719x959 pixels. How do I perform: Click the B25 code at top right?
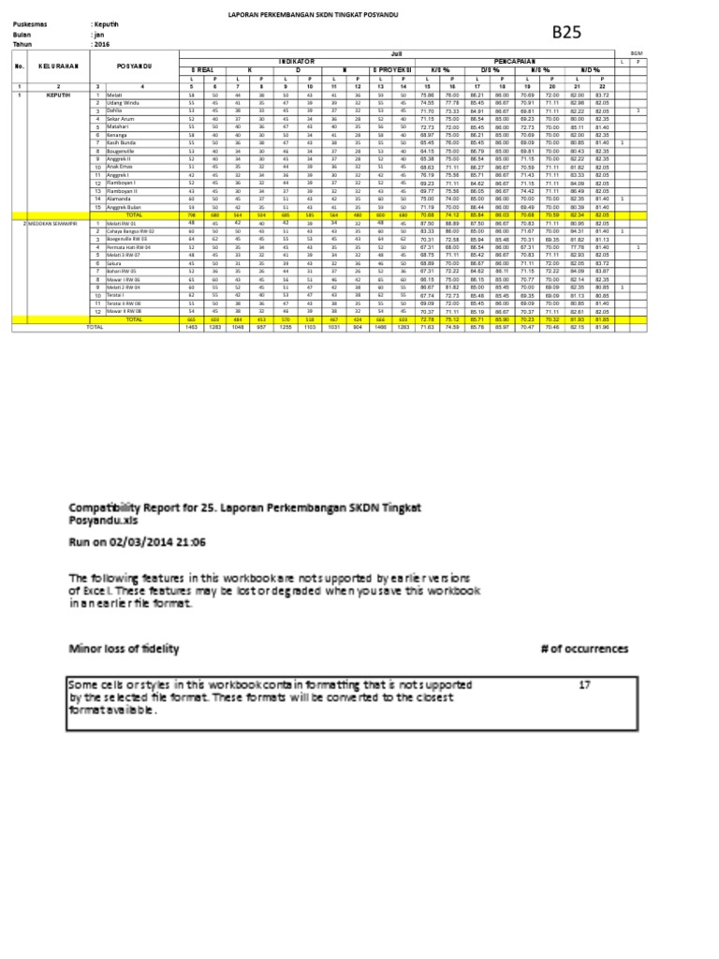pyautogui.click(x=566, y=32)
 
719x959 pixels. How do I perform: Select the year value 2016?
pyautogui.click(x=101, y=43)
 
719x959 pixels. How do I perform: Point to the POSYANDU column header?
pyautogui.click(x=135, y=66)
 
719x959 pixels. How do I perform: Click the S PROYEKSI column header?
pyautogui.click(x=390, y=69)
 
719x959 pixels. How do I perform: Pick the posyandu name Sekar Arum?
pyautogui.click(x=121, y=119)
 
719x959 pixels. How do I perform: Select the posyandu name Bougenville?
pyautogui.click(x=125, y=150)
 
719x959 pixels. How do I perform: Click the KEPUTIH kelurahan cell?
pyautogui.click(x=52, y=95)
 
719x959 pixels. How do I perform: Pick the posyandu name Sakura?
pyautogui.click(x=115, y=264)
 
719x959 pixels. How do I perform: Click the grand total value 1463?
pyautogui.click(x=192, y=328)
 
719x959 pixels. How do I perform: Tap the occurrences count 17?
pyautogui.click(x=585, y=685)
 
